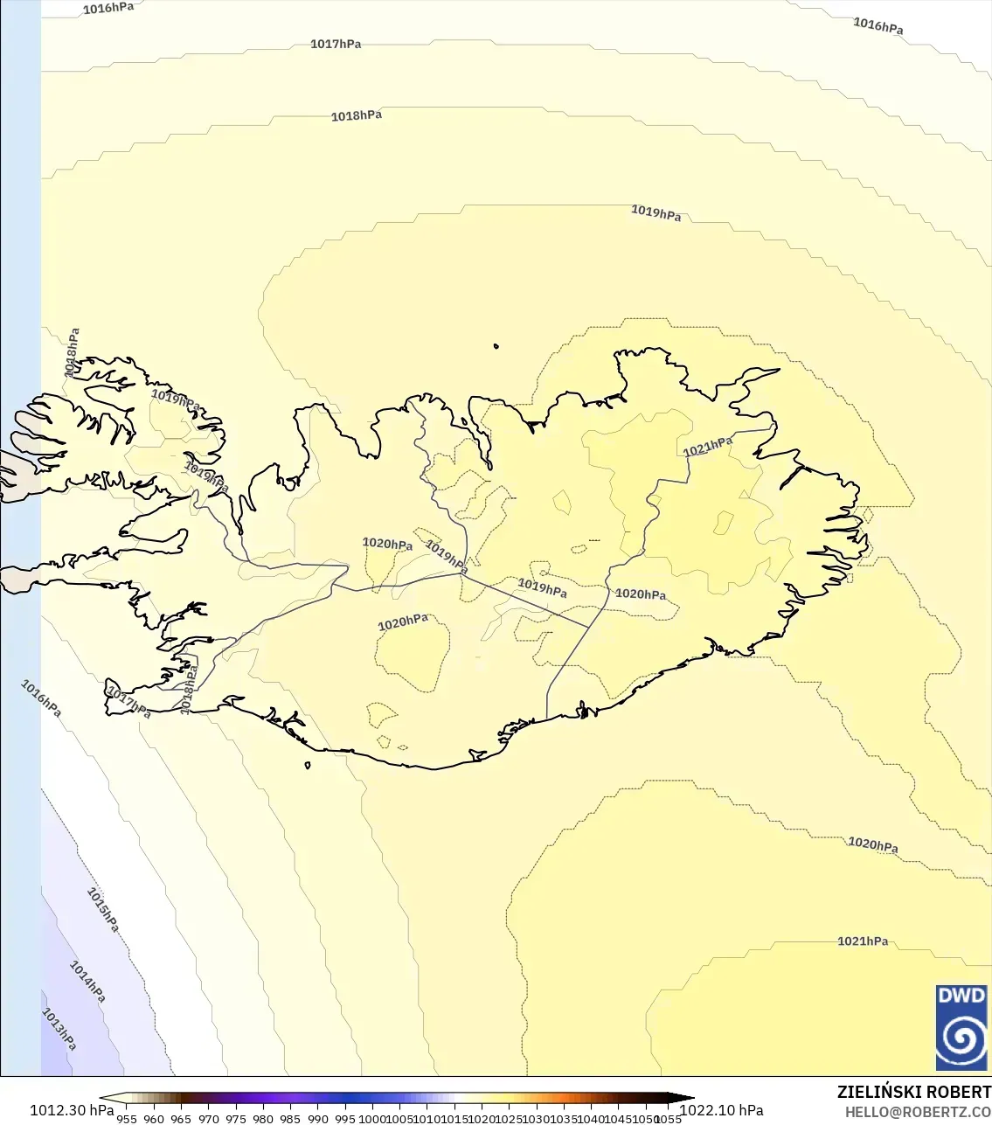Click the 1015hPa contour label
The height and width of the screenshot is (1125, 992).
coord(102,910)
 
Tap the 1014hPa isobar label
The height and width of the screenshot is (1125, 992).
coord(87,982)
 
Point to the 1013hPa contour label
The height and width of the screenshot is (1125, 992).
coord(59,1029)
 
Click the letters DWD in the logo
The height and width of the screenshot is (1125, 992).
coord(961,996)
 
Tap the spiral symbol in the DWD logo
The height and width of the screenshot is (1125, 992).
coord(961,1038)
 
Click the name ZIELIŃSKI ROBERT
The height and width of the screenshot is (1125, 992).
coord(913,1092)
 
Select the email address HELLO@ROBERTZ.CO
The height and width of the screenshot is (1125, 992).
coord(918,1113)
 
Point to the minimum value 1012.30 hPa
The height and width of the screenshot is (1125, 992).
coord(72,1110)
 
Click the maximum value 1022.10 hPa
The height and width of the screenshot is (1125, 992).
coord(721,1110)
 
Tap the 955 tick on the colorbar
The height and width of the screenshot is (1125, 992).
coord(127,1118)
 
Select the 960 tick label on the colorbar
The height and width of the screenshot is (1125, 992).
coord(154,1118)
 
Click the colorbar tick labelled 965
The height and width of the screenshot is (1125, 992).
coord(181,1118)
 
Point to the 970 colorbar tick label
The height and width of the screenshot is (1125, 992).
coord(208,1118)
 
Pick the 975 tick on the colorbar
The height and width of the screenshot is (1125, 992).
coord(236,1118)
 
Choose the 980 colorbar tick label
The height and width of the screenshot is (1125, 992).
coord(263,1118)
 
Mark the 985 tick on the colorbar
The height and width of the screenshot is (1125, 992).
coord(290,1118)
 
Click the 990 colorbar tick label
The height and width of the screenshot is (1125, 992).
coord(318,1118)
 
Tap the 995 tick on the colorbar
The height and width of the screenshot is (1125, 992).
coord(345,1118)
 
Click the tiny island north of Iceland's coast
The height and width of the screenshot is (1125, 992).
coord(496,347)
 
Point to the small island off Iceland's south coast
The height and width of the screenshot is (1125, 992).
coord(308,766)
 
